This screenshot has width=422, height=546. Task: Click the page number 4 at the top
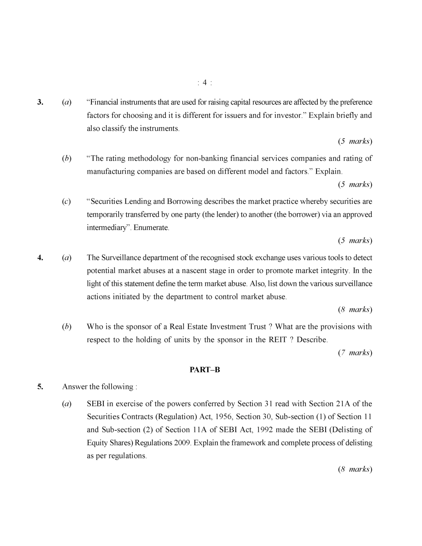205,83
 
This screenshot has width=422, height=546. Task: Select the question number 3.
40,102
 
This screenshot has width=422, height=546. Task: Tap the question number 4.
40,258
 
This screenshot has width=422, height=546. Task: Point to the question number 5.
40,387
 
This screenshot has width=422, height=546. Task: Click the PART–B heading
205,370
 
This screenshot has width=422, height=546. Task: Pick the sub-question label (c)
66,201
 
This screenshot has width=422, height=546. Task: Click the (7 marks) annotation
355,353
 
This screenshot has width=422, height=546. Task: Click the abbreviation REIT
278,340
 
